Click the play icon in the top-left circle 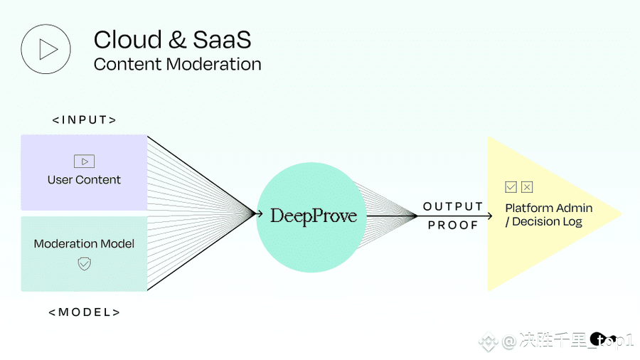pyautogui.click(x=48, y=49)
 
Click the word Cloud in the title pyautogui.click(x=128, y=40)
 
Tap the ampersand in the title pyautogui.click(x=177, y=40)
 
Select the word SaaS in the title pyautogui.click(x=222, y=40)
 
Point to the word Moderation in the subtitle pyautogui.click(x=214, y=64)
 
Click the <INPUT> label pyautogui.click(x=85, y=120)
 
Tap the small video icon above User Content pyautogui.click(x=84, y=162)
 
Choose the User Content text pyautogui.click(x=84, y=179)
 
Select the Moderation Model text pyautogui.click(x=84, y=243)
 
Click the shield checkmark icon pyautogui.click(x=84, y=264)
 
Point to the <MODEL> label pyautogui.click(x=85, y=312)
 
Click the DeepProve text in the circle pyautogui.click(x=314, y=216)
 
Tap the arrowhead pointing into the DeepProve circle pyautogui.click(x=259, y=213)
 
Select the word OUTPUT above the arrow pyautogui.click(x=453, y=206)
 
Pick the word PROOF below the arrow pyautogui.click(x=453, y=225)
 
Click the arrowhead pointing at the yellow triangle pyautogui.click(x=489, y=216)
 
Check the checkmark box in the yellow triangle pyautogui.click(x=511, y=187)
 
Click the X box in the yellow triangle pyautogui.click(x=527, y=187)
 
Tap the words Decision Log pyautogui.click(x=548, y=222)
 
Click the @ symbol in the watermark pyautogui.click(x=509, y=341)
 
